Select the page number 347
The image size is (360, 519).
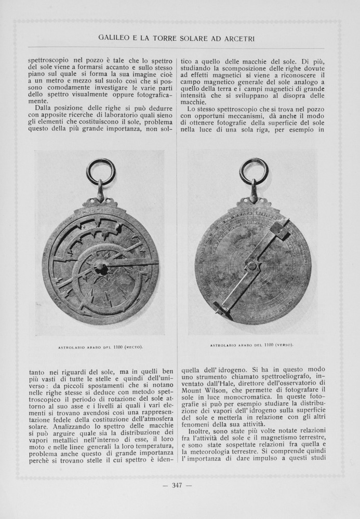pos(178,486)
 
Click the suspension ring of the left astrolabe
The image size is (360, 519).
pos(100,172)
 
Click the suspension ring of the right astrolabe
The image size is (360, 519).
pos(254,172)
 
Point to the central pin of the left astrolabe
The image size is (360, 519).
pos(100,267)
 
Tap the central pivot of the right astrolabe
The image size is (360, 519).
pos(252,266)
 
